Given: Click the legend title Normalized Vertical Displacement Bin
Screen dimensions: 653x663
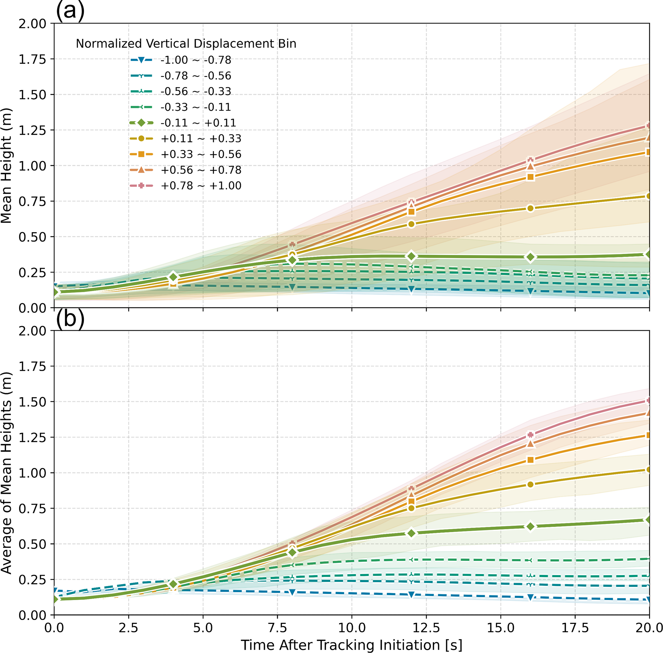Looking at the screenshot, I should (186, 44).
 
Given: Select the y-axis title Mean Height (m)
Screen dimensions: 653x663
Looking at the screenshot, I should (6, 165).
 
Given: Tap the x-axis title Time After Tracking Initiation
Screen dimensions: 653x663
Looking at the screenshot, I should (352, 645).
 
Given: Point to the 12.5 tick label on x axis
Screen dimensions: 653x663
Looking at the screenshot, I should (426, 628).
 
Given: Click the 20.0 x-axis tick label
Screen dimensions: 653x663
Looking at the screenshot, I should (649, 628).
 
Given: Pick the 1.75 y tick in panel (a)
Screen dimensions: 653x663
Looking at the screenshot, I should (32, 59).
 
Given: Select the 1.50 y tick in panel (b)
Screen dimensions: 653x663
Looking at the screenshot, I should (32, 402).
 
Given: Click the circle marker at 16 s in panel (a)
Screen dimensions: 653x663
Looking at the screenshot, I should (530, 208).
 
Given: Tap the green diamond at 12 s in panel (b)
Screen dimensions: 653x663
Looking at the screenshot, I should (411, 533).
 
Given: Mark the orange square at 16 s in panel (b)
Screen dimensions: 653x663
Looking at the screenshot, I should (530, 460).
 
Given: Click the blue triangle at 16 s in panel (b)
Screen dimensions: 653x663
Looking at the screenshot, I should (530, 597).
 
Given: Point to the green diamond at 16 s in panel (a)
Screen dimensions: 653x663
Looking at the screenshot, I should (530, 257).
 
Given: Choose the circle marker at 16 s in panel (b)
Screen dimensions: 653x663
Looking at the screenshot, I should (530, 484).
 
